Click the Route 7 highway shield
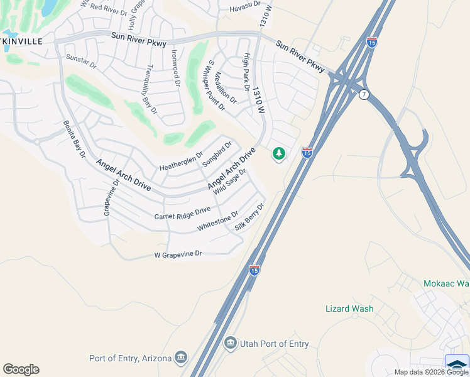(x=364, y=94)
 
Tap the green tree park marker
(x=278, y=153)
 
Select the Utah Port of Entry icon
(x=231, y=344)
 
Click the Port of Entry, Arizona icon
(x=181, y=358)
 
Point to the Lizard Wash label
(x=349, y=309)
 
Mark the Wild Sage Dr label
(x=229, y=182)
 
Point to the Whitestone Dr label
(x=217, y=221)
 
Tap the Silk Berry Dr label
(x=250, y=217)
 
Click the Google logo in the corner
(x=21, y=369)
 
